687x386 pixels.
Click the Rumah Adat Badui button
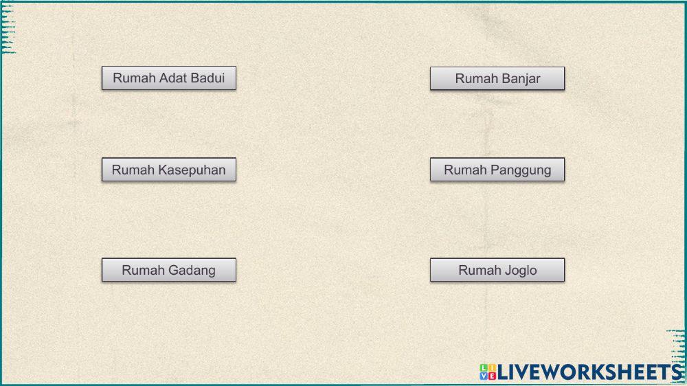pyautogui.click(x=168, y=78)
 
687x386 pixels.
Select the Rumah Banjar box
pyautogui.click(x=497, y=78)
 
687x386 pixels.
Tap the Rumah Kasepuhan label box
pyautogui.click(x=168, y=170)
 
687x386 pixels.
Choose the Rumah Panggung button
pyautogui.click(x=497, y=170)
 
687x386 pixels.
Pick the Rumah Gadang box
pyautogui.click(x=168, y=270)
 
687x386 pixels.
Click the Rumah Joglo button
pyautogui.click(x=497, y=270)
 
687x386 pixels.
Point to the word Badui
pyautogui.click(x=208, y=78)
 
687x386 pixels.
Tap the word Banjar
pyautogui.click(x=520, y=78)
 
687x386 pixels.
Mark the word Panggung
pyautogui.click(x=520, y=170)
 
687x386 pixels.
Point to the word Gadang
pyautogui.click(x=192, y=270)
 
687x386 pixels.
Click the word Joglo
pyautogui.click(x=521, y=270)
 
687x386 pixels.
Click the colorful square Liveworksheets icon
pyautogui.click(x=488, y=372)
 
